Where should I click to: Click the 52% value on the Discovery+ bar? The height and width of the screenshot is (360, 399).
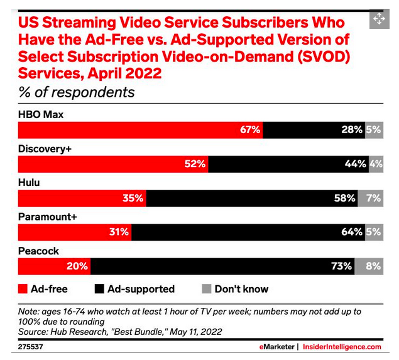point(195,164)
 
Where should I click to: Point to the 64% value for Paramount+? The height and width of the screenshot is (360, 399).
point(351,232)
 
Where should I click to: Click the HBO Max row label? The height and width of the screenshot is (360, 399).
point(41,115)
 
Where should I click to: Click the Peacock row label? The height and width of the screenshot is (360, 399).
point(38,251)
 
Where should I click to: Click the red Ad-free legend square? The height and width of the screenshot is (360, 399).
point(24,289)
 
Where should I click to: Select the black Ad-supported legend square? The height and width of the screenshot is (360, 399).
point(99,289)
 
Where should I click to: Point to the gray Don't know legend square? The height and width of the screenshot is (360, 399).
point(205,289)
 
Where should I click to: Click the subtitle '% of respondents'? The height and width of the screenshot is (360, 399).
point(76,92)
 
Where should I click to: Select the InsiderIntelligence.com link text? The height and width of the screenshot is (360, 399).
point(342,347)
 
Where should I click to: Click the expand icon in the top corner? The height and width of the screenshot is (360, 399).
point(380,19)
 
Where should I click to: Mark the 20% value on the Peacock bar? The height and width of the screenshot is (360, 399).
point(77,266)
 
